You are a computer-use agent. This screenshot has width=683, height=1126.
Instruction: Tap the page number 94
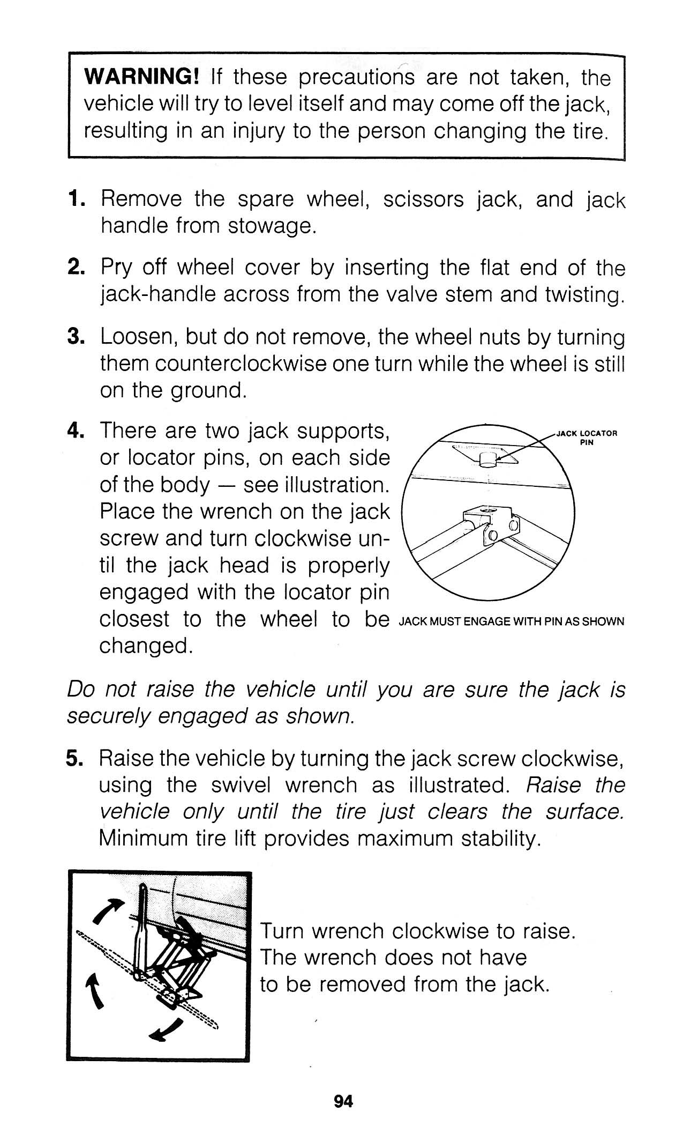click(343, 1101)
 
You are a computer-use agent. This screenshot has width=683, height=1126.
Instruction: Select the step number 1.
click(75, 199)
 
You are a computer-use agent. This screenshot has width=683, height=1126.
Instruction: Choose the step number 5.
click(74, 758)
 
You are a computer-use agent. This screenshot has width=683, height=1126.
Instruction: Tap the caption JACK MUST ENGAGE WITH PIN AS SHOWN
click(512, 622)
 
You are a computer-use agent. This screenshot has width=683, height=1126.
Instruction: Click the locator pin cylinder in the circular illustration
click(488, 459)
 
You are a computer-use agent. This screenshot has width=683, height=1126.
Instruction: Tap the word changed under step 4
click(146, 646)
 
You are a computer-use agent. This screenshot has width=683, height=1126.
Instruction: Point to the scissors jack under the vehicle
click(182, 960)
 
